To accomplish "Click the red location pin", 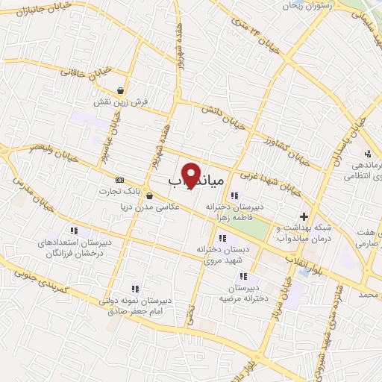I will (191, 175).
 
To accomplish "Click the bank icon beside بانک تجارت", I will (119, 181).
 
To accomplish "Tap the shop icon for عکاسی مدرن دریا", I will (150, 197).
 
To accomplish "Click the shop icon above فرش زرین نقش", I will (119, 91).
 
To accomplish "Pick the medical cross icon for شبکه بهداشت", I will (303, 216).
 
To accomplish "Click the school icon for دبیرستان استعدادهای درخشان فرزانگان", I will (73, 230).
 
